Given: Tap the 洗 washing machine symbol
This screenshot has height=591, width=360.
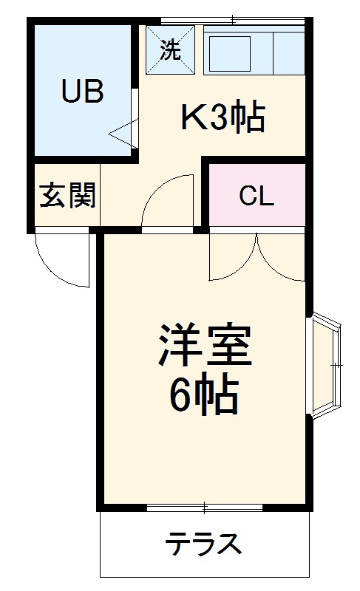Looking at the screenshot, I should (169, 50).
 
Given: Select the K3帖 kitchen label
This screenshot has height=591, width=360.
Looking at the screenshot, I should (223, 117).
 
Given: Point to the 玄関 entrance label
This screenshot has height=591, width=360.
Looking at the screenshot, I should (67, 195).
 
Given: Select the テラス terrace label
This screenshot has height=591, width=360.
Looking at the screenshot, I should (203, 545).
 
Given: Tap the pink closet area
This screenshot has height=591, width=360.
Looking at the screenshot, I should (257, 214).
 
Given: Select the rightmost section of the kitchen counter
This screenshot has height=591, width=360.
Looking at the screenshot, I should (289, 51).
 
